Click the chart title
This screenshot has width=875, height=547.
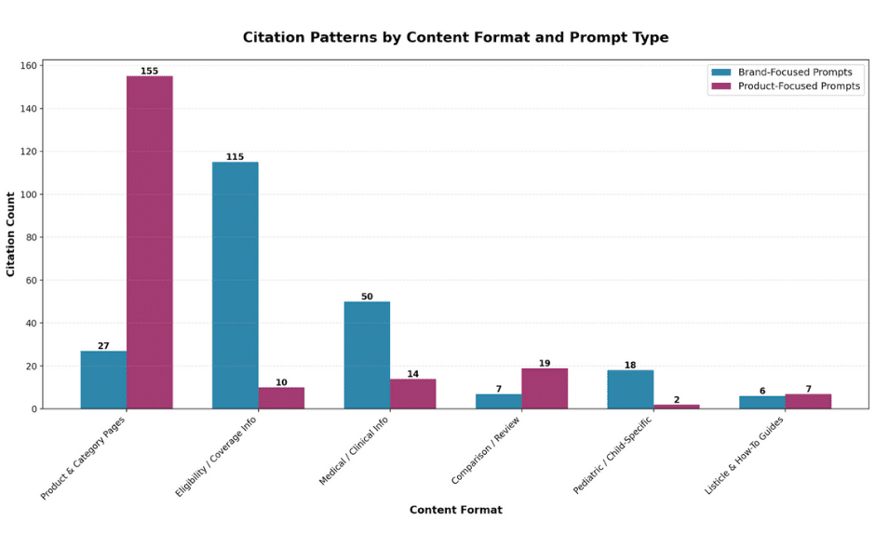455,38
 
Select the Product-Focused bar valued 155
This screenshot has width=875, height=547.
150,242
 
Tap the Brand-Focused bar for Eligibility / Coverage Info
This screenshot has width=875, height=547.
236,285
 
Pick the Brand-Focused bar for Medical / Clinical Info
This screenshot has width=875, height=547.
367,354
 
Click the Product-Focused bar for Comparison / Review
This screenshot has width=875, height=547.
545,388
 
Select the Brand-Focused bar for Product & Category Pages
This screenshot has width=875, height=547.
103,380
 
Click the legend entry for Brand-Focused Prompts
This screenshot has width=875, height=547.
794,73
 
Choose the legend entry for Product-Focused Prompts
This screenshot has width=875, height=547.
799,87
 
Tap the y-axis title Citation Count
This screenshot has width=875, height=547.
11,234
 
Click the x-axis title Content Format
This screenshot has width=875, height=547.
455,510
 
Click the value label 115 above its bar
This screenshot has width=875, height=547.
235,156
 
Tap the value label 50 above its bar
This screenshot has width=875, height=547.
367,297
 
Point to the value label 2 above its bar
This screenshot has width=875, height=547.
677,400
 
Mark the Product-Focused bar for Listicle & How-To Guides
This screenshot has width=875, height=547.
808,401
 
